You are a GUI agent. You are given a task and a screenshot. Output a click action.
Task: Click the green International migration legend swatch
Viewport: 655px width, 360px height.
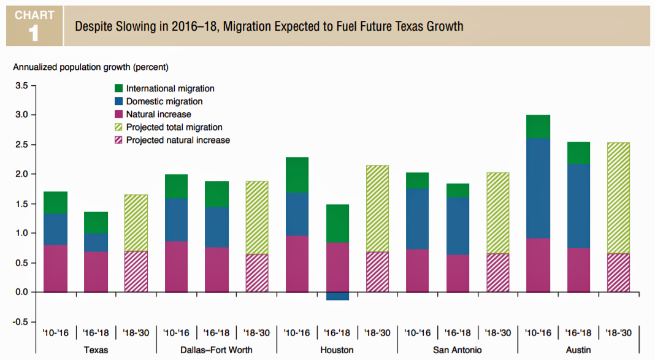tap(118, 89)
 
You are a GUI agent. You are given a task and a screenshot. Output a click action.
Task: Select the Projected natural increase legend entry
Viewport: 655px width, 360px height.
tap(178, 140)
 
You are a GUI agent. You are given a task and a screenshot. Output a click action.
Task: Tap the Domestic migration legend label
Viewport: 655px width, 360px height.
tap(164, 102)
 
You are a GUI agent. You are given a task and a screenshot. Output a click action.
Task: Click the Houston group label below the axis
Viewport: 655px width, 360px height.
tap(337, 350)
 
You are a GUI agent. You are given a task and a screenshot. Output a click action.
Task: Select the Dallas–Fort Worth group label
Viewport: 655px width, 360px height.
tap(216, 350)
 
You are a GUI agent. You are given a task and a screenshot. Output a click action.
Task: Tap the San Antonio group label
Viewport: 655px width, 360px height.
tap(457, 350)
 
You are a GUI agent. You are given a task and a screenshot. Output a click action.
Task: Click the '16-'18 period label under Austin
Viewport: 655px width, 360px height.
tap(578, 333)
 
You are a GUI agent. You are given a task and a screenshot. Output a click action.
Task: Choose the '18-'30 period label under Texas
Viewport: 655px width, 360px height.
tap(136, 333)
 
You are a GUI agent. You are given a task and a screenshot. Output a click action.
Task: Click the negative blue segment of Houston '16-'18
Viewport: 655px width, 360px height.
tap(337, 296)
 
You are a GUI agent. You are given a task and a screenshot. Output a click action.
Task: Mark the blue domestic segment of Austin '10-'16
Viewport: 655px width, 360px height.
tap(538, 188)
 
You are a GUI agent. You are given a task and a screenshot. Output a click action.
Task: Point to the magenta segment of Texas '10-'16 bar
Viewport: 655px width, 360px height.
tap(55, 268)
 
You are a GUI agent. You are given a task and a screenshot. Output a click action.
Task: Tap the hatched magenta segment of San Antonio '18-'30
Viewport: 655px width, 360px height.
tap(497, 272)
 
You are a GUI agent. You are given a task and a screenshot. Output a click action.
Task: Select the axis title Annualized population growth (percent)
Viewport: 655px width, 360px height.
tap(91, 66)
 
